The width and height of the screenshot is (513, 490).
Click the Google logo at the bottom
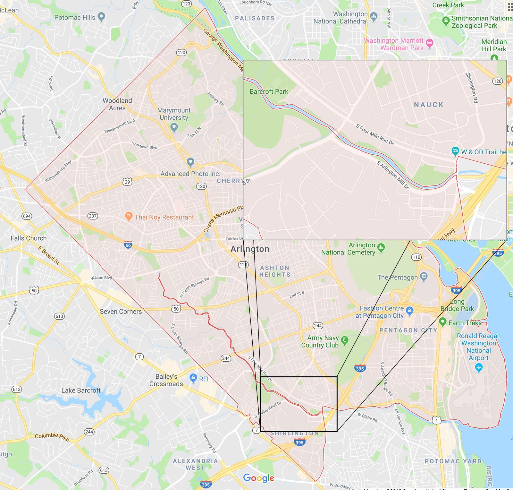click(x=258, y=478)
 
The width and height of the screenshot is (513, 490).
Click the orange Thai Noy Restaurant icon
click(x=129, y=217)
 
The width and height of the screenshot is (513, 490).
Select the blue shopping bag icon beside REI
click(x=193, y=378)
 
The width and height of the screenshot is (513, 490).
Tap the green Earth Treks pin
click(x=442, y=322)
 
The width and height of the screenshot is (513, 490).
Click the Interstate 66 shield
click(x=128, y=245)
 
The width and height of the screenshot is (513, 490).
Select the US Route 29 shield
click(x=127, y=182)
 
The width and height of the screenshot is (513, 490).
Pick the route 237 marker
click(x=93, y=216)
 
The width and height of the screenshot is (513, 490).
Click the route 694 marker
click(x=27, y=216)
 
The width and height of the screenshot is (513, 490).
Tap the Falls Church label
click(x=29, y=238)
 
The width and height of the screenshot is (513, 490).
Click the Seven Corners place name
click(x=121, y=311)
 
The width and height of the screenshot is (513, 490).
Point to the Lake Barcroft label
click(x=81, y=390)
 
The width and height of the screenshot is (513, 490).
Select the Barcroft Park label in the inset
click(x=269, y=91)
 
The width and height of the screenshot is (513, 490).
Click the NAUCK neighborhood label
click(x=428, y=105)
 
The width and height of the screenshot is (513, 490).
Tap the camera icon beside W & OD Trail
click(x=455, y=151)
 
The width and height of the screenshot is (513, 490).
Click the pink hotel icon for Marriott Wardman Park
click(x=430, y=43)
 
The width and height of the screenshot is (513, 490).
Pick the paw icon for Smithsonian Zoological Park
click(x=446, y=21)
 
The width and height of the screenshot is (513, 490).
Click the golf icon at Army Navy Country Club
click(x=345, y=340)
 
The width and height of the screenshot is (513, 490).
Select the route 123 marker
click(x=186, y=4)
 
